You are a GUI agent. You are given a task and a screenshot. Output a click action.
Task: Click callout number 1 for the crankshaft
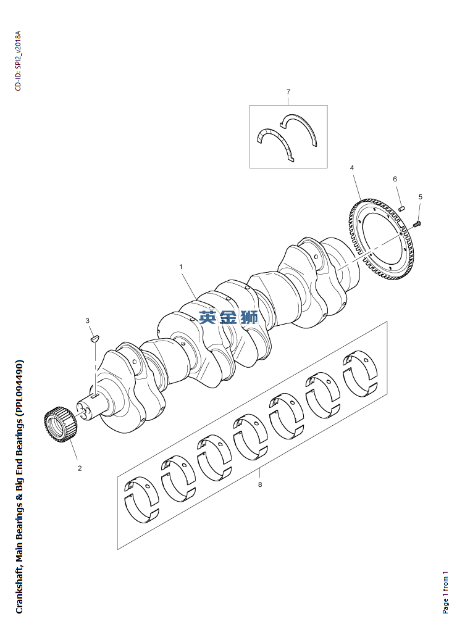pos(181,267)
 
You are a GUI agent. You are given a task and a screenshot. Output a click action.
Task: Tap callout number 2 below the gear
pos(80,468)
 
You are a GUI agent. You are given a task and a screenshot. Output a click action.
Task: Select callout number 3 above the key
pos(87,320)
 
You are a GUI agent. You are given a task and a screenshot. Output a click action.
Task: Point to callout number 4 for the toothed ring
pos(351,168)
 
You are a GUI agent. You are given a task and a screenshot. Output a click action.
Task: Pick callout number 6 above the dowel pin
pos(395,179)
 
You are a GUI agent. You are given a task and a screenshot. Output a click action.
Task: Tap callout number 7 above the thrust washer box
pos(288,92)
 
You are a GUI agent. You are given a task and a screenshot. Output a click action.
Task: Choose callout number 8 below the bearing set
pos(260,485)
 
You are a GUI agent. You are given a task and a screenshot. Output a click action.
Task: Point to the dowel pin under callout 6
pos(401,208)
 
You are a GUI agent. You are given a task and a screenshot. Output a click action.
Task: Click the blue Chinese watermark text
pos(228,318)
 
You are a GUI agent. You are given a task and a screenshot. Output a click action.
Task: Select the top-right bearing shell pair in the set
pos(359,372)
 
